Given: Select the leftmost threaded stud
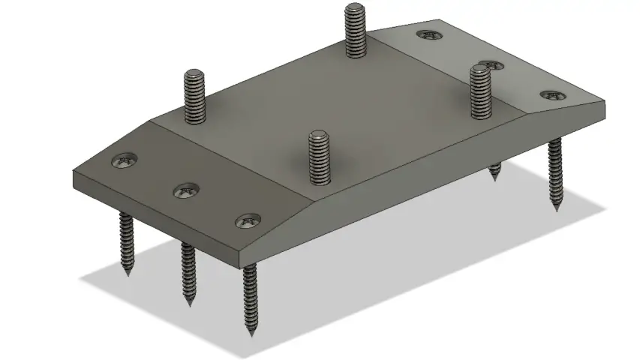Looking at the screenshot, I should click(194, 96).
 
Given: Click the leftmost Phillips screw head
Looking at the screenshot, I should click(124, 160).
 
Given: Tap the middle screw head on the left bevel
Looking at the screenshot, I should click(185, 191).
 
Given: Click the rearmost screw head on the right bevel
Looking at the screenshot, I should click(428, 34).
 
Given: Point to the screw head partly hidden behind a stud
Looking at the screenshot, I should click(492, 65).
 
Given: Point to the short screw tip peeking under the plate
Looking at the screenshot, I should click(494, 173).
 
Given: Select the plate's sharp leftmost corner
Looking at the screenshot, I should click(74, 172).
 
